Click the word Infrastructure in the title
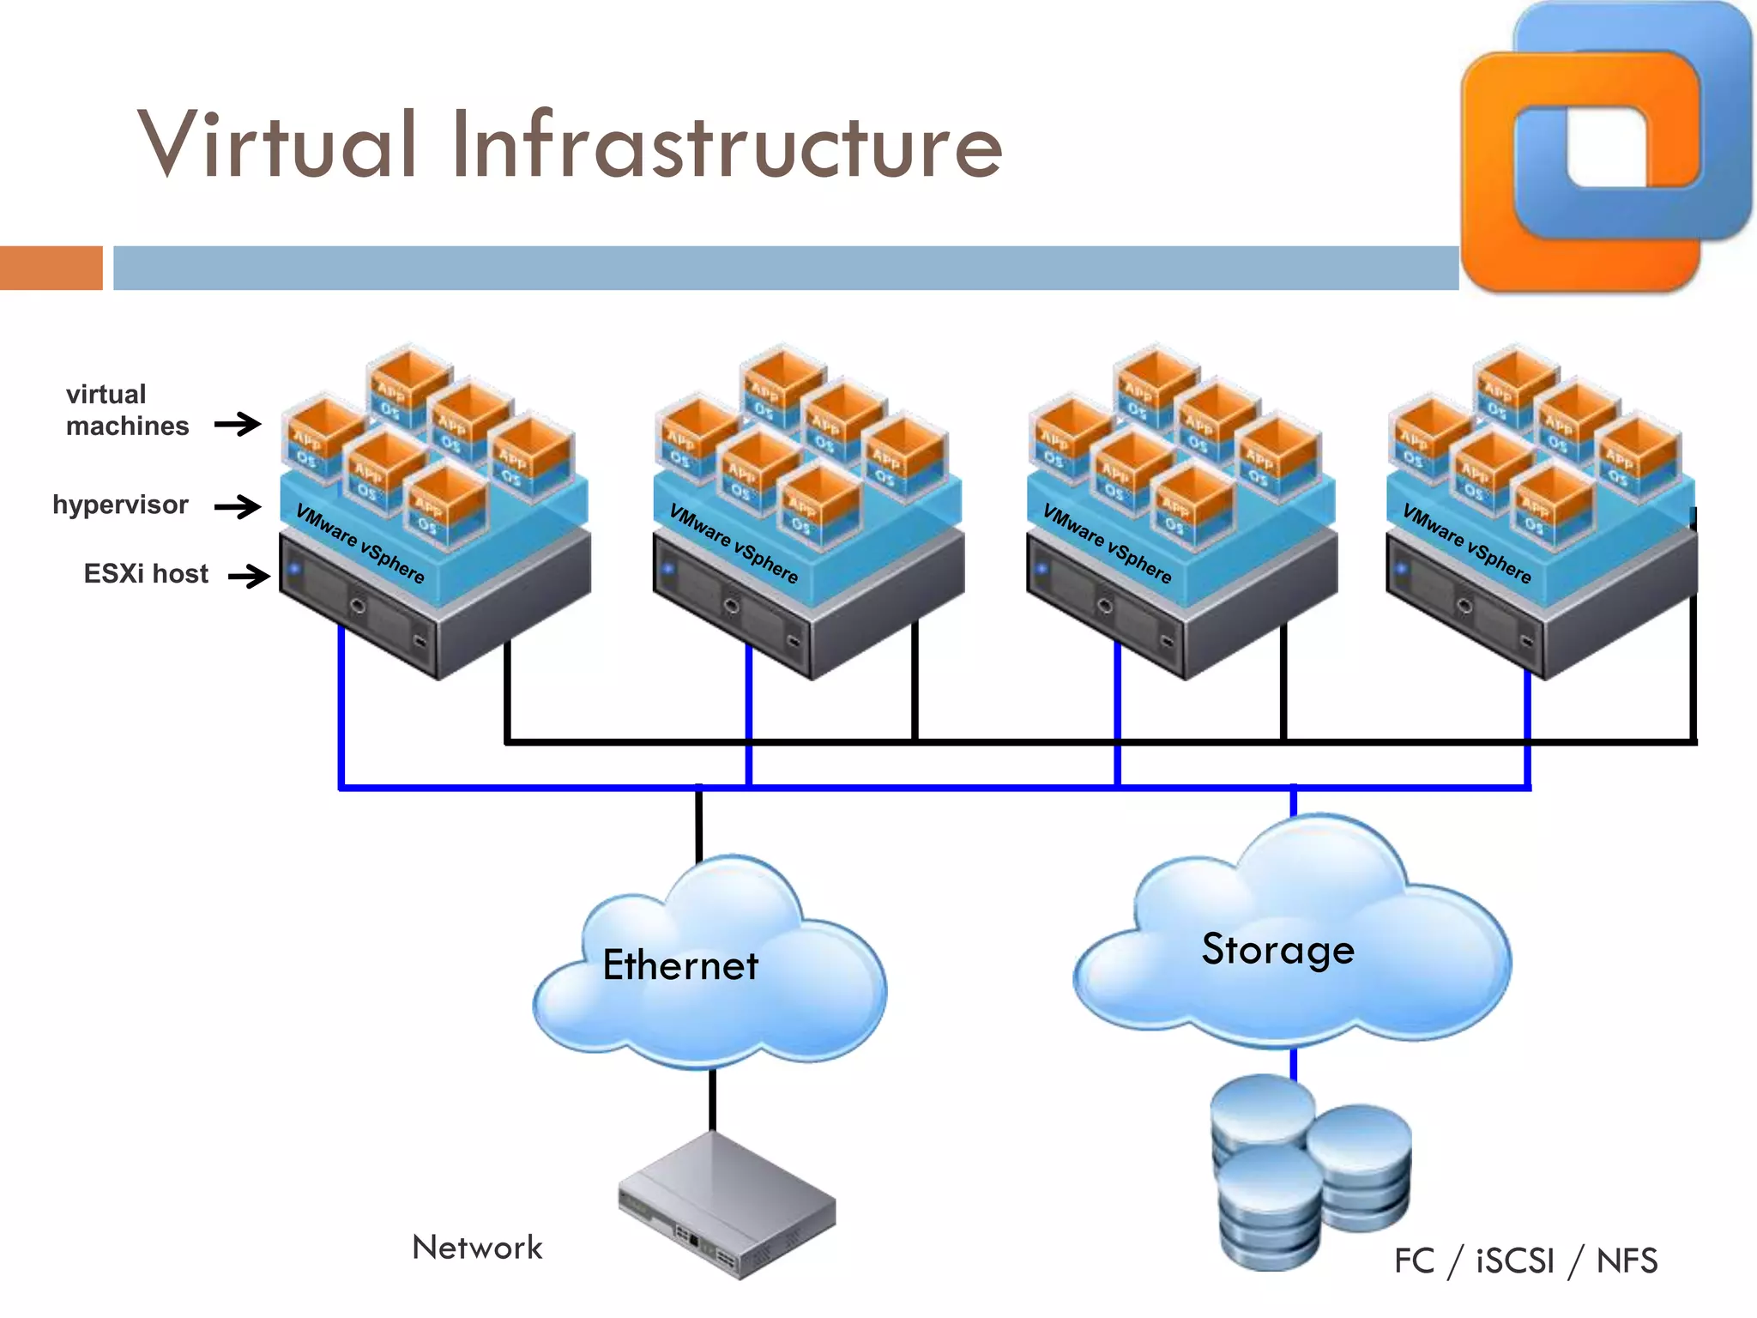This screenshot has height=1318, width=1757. pyautogui.click(x=726, y=146)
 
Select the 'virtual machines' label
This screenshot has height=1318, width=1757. pyautogui.click(x=126, y=410)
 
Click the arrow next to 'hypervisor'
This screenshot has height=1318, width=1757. pyautogui.click(x=238, y=506)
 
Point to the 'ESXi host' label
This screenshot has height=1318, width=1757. pyautogui.click(x=146, y=573)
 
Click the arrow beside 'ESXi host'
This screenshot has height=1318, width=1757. pyautogui.click(x=249, y=575)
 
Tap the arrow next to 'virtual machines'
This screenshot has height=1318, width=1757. pyautogui.click(x=238, y=424)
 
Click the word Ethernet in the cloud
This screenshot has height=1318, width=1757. pyautogui.click(x=680, y=965)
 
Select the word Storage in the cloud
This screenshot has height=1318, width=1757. pyautogui.click(x=1277, y=949)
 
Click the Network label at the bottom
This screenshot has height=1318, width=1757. pyautogui.click(x=477, y=1248)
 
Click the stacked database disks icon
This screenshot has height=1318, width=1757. pyautogui.click(x=1308, y=1171)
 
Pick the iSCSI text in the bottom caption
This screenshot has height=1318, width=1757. pyautogui.click(x=1514, y=1261)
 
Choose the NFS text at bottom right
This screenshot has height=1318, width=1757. pyautogui.click(x=1627, y=1261)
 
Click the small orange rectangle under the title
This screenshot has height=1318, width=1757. pyautogui.click(x=51, y=268)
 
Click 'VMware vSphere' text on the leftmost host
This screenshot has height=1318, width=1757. pyautogui.click(x=359, y=543)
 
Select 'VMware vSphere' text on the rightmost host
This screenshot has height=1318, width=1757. pyautogui.click(x=1466, y=543)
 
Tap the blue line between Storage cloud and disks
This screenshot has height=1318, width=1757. pyautogui.click(x=1294, y=1064)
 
